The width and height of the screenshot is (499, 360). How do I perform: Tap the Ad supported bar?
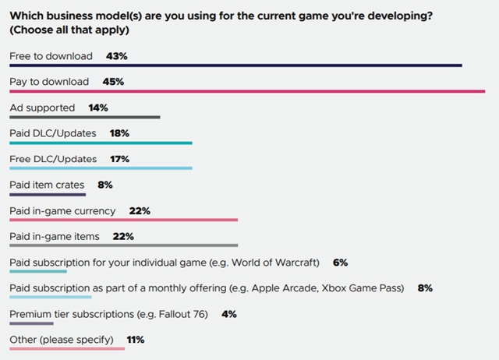coord(84,118)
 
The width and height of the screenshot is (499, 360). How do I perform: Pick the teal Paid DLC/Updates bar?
coord(101,143)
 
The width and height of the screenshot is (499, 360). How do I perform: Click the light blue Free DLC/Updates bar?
coord(101,169)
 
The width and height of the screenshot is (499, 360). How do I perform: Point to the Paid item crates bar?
coord(48,195)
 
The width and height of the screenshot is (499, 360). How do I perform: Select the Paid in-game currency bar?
coord(123,221)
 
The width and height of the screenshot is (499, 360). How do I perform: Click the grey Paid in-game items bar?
coord(123,245)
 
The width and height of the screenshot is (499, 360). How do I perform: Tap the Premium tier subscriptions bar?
coord(31,323)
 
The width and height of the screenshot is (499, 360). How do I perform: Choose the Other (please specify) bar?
coord(66,348)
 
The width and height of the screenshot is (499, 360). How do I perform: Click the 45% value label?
coord(112,82)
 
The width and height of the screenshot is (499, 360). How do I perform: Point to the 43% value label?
coord(116,56)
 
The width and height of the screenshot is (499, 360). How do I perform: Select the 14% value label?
coord(98,108)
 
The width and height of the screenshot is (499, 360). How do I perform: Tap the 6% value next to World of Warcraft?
coord(339,263)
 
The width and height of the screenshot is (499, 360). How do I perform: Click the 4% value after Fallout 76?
coord(228,314)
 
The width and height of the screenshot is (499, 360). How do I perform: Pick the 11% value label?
coord(135,340)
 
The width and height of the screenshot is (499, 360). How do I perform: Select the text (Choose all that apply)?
coord(69,30)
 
